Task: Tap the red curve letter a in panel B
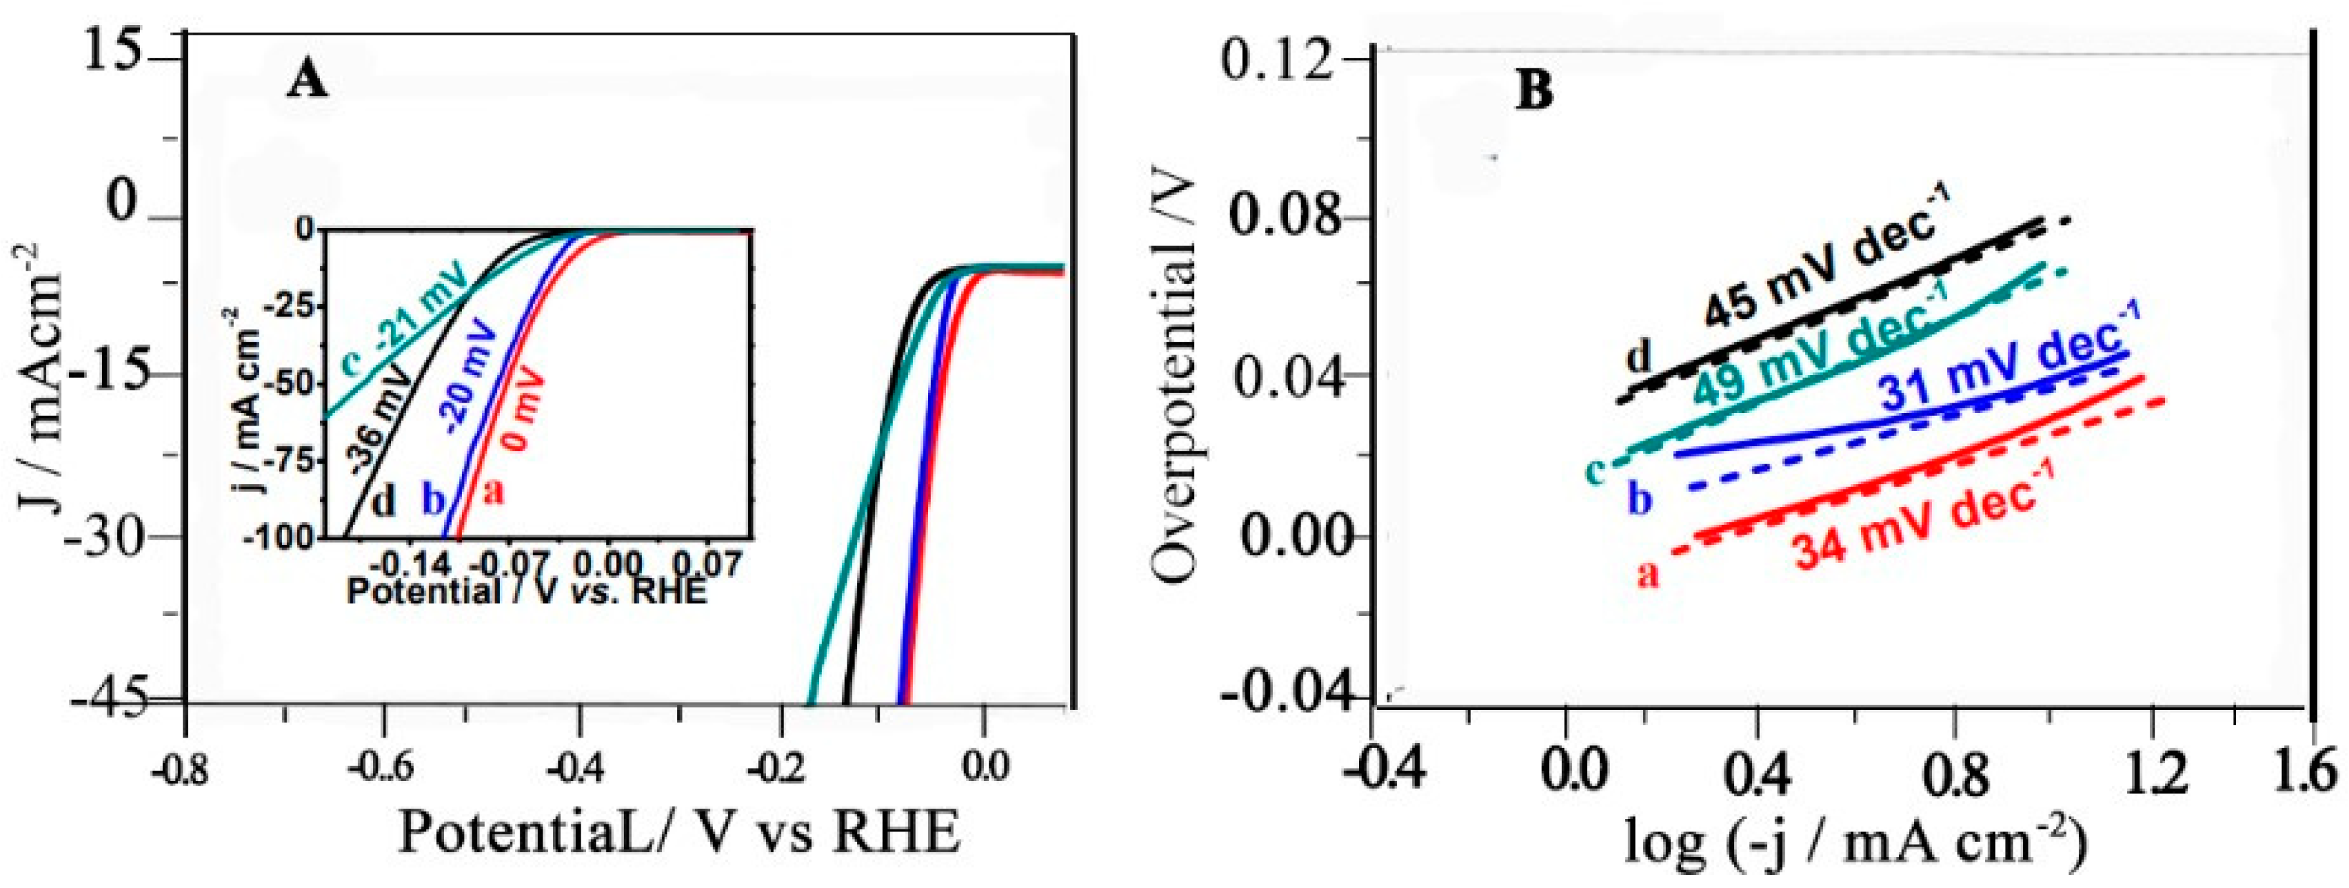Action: [x=1647, y=573]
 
